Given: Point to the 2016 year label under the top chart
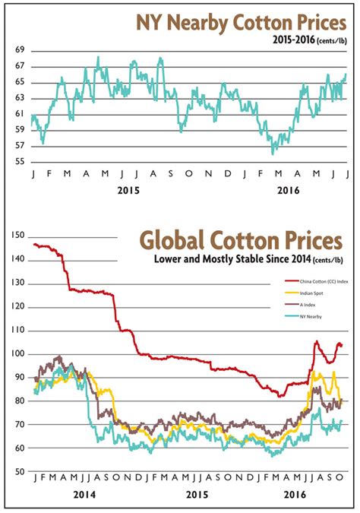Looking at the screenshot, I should click(x=289, y=192).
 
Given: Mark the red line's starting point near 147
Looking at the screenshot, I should click(x=35, y=244).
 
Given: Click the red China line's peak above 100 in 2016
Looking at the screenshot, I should click(x=317, y=342).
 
